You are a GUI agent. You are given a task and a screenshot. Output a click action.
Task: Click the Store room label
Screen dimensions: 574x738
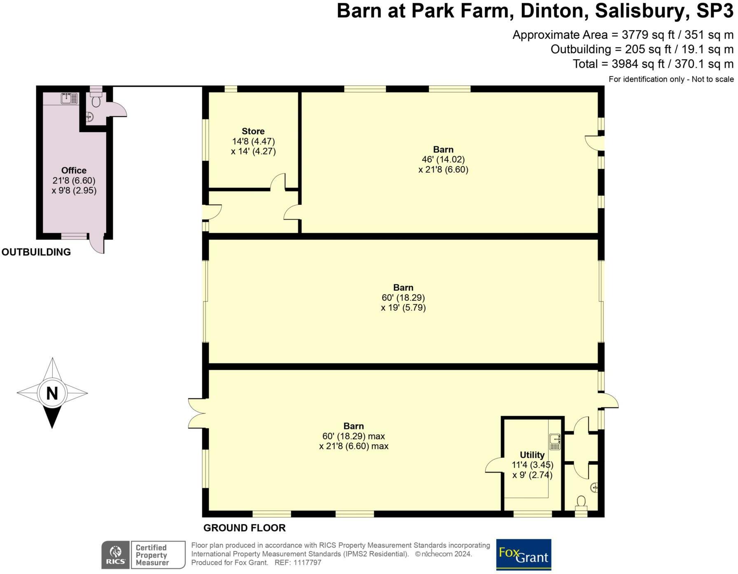coord(253,131)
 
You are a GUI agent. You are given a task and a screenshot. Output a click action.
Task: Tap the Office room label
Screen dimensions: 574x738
coord(74,171)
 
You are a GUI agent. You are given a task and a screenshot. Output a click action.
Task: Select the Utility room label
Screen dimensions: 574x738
coord(532,455)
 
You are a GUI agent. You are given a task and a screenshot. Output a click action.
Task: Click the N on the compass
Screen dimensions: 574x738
coord(52,393)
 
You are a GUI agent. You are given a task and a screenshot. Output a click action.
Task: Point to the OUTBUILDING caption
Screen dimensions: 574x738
coord(36,252)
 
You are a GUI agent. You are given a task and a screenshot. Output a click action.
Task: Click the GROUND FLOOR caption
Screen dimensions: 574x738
coord(244,528)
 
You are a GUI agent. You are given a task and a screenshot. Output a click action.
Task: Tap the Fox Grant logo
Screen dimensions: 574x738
coord(523,554)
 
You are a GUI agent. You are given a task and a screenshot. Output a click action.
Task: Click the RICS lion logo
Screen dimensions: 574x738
coord(116,555)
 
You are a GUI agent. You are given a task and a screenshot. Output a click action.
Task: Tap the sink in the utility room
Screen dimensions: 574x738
coord(555,441)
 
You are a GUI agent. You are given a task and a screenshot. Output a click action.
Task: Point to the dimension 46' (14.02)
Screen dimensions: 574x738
coord(443,159)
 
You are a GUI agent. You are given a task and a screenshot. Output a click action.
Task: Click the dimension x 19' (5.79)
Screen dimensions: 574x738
coord(403,307)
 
